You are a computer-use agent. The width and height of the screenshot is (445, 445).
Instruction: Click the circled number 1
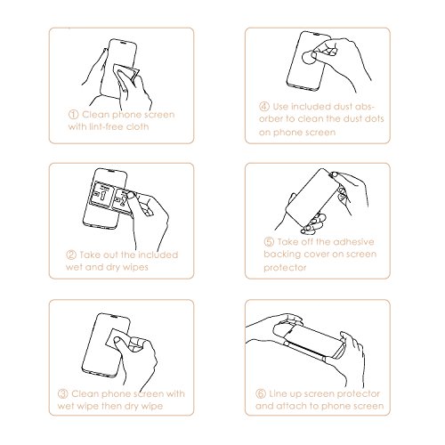(73, 115)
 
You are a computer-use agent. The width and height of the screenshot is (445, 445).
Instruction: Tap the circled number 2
(71, 255)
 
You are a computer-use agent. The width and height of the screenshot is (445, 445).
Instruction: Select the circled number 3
(63, 394)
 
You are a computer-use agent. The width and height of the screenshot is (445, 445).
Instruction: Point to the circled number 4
(264, 106)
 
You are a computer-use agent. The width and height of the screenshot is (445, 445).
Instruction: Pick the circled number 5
(269, 242)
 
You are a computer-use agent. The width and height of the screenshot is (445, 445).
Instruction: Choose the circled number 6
(261, 393)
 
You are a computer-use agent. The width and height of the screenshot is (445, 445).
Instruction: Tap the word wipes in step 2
(135, 268)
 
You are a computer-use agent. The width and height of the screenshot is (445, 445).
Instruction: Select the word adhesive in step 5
(354, 242)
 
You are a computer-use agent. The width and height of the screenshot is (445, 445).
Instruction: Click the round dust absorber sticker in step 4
(309, 57)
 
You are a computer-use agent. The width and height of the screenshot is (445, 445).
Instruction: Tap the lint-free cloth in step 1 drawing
(126, 74)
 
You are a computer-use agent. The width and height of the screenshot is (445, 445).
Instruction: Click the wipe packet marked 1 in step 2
(101, 194)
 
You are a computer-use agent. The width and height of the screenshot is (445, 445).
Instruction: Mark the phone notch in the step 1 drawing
(123, 42)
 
